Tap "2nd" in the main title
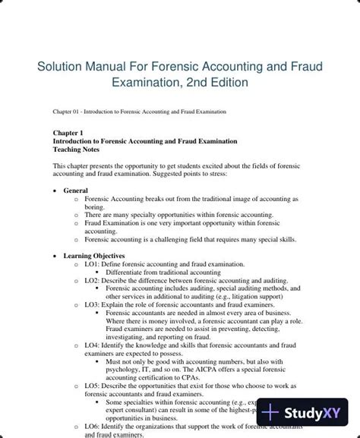coord(207,82)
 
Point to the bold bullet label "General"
coord(75,191)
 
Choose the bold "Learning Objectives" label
coord(94,256)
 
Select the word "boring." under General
coord(94,206)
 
